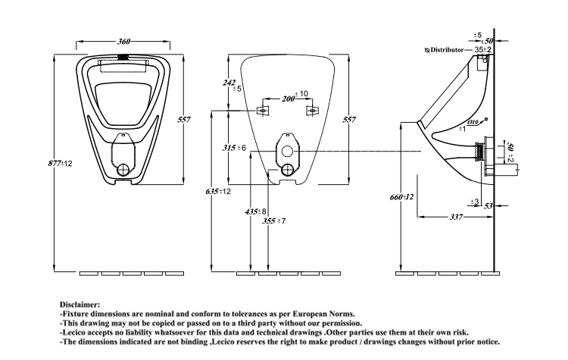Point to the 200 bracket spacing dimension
(x=288, y=99)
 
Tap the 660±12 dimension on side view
(x=401, y=197)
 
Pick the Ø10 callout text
(x=473, y=123)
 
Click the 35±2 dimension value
(x=484, y=49)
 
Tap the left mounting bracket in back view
(x=263, y=111)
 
